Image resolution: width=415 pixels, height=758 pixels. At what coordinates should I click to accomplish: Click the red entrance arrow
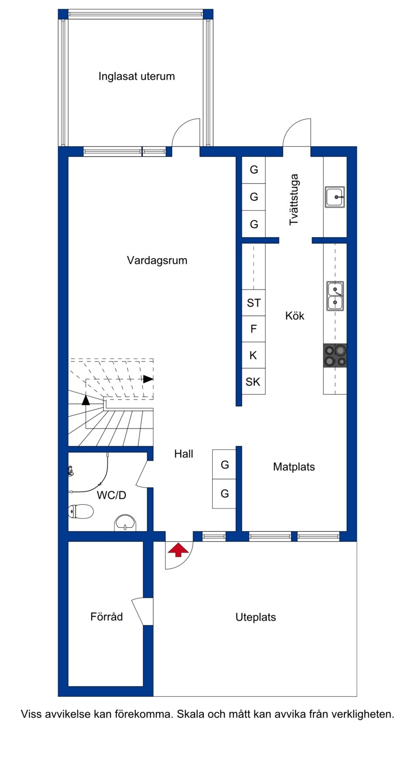(x=178, y=550)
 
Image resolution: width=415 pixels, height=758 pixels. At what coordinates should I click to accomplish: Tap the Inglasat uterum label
(x=136, y=76)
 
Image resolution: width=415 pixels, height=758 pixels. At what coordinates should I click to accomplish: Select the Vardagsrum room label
(x=157, y=260)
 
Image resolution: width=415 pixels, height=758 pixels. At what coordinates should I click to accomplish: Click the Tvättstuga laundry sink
(x=335, y=197)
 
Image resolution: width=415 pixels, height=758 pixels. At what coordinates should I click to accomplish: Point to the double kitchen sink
(x=335, y=296)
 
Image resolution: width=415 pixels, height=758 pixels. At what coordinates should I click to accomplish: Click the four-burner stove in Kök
(x=335, y=355)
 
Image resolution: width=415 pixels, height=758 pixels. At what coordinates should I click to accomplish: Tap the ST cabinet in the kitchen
(x=254, y=303)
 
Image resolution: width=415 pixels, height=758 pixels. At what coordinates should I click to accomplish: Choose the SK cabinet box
(x=253, y=382)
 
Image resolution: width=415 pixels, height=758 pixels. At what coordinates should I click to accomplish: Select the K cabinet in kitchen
(x=253, y=355)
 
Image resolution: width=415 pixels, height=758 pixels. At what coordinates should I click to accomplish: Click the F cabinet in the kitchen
(x=253, y=329)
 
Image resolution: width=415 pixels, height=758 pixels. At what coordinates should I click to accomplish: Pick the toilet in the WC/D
(x=81, y=512)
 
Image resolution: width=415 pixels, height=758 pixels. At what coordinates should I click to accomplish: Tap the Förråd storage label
(x=106, y=616)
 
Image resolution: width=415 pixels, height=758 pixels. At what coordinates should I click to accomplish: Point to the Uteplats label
(x=256, y=617)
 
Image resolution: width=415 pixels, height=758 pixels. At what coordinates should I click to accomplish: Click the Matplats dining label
(x=294, y=467)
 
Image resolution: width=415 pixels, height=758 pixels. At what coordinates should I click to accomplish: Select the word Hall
(x=184, y=454)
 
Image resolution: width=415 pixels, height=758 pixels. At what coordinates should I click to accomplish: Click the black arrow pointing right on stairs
(x=148, y=379)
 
